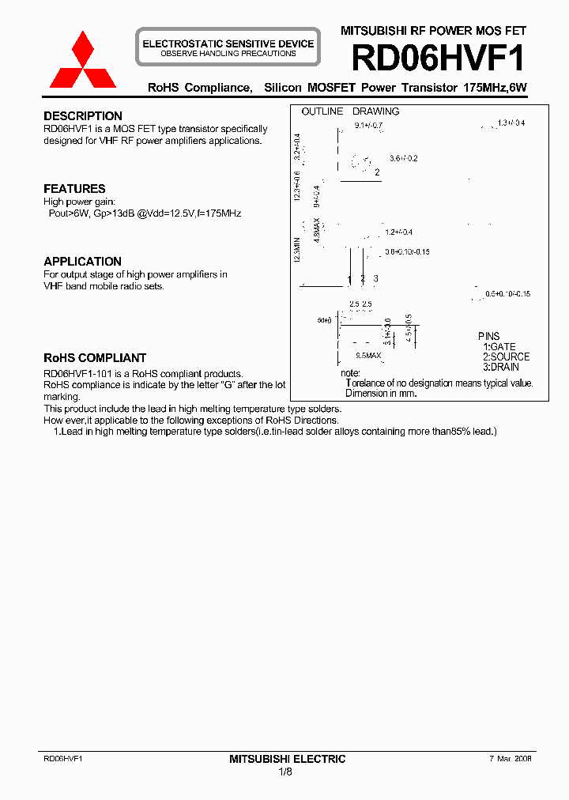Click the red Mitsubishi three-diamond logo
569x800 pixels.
83,61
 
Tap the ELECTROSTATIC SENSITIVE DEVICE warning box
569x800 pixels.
228,48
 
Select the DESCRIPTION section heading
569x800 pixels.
83,116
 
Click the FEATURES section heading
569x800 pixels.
74,189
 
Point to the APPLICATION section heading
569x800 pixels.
82,262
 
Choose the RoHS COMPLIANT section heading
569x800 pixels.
95,358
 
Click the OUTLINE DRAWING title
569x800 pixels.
350,111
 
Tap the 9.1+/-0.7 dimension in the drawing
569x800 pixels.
368,126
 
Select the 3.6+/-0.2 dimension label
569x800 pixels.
403,159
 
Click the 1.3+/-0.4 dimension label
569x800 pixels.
511,123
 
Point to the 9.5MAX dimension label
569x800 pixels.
368,356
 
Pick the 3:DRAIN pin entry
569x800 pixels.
501,368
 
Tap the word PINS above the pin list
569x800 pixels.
488,337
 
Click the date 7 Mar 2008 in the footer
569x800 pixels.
506,757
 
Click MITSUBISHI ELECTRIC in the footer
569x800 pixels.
287,759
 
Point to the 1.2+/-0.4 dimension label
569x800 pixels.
400,232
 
